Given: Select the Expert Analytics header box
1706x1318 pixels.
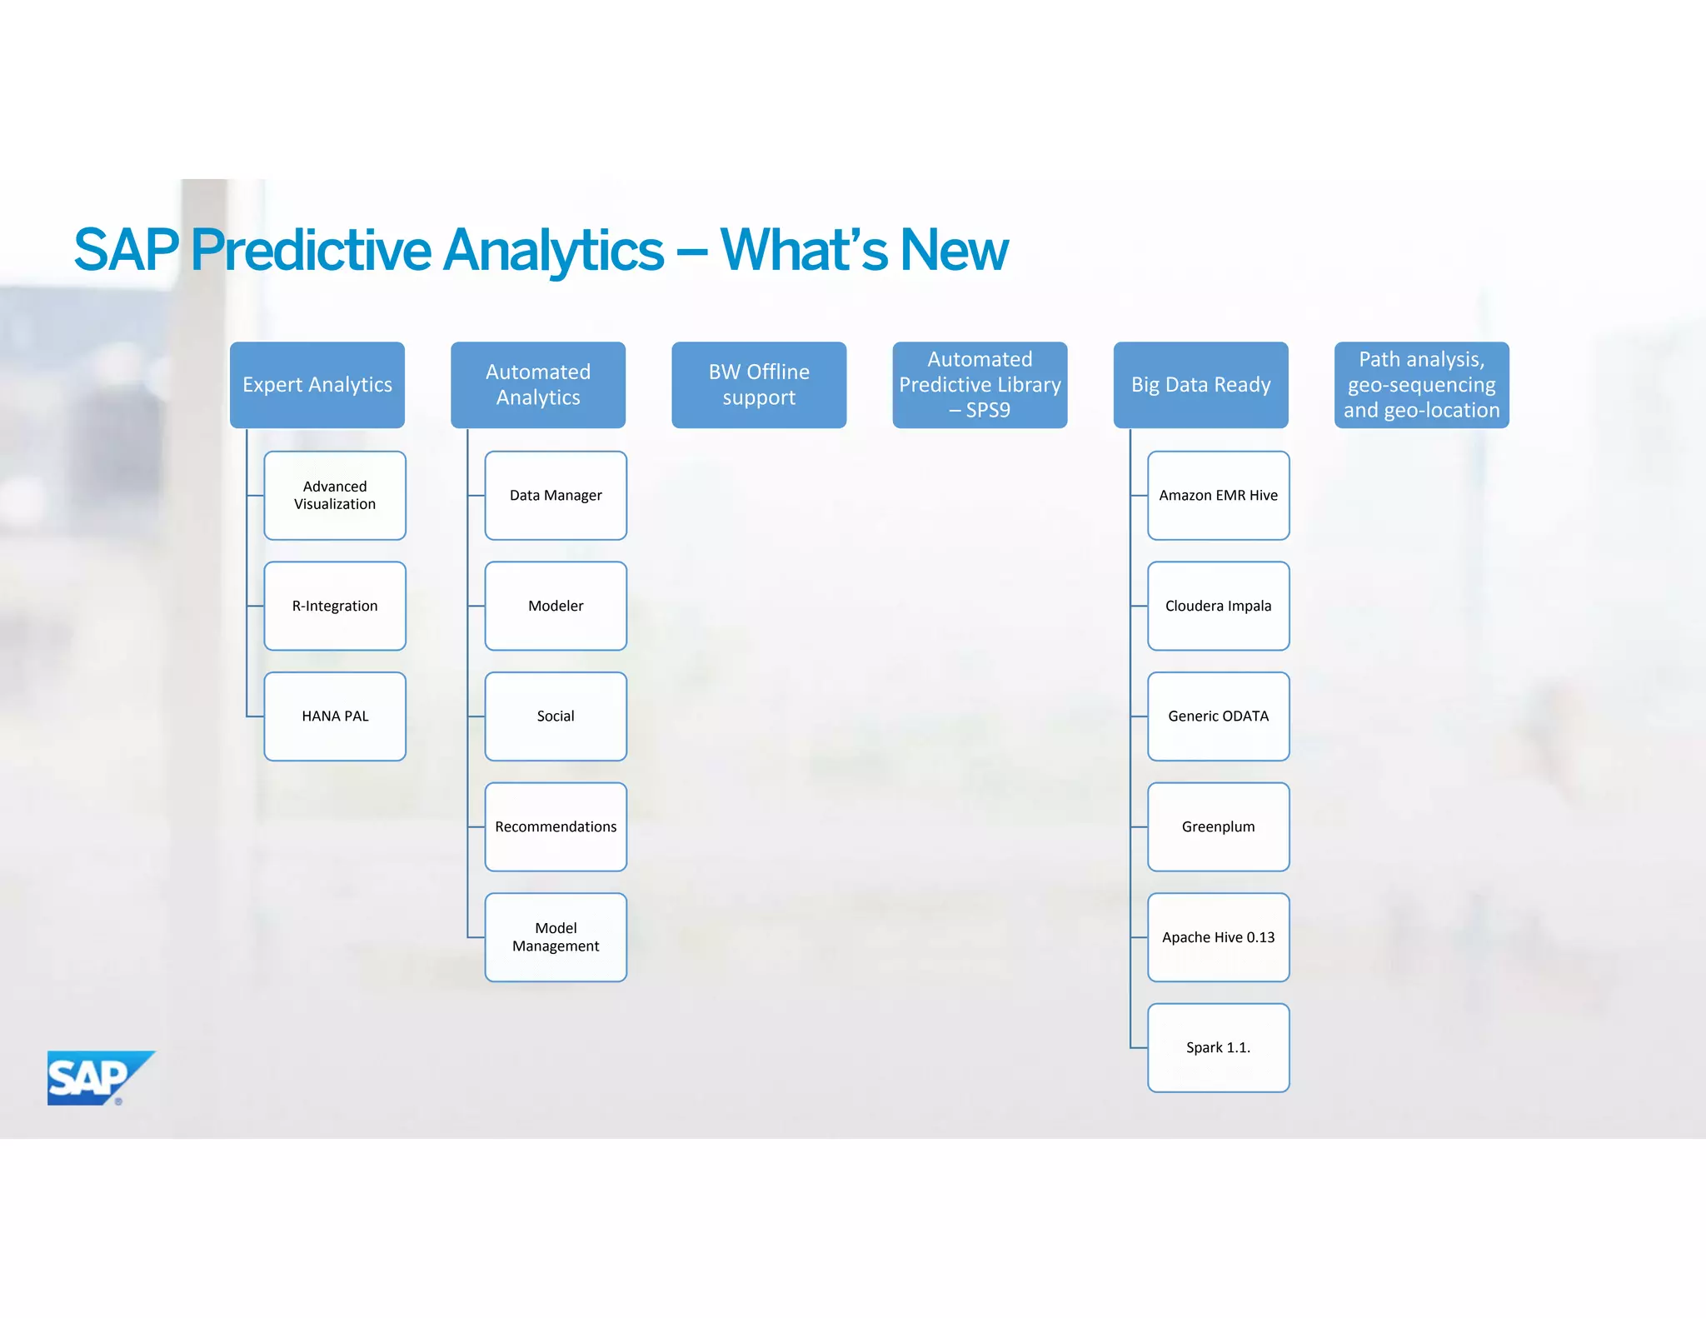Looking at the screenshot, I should point(317,385).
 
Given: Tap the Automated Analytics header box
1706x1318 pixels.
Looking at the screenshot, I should point(537,385).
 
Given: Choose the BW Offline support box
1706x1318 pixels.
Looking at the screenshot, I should point(758,385).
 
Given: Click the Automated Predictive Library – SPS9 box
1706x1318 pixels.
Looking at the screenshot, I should point(979,385).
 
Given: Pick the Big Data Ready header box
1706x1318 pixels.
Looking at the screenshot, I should point(1200,385).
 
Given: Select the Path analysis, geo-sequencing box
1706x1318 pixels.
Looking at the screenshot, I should point(1421,385).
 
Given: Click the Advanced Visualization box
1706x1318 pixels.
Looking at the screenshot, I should point(335,496).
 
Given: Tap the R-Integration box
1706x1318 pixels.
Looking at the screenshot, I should point(335,606).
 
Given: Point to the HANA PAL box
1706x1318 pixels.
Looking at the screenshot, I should point(335,716).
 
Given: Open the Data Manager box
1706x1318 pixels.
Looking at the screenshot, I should point(556,496).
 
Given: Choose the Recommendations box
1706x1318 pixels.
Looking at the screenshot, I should point(556,826).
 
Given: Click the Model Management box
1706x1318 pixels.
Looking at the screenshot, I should point(556,937).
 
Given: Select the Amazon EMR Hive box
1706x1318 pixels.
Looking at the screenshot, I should point(1218,496).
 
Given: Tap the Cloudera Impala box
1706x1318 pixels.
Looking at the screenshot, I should point(1218,606).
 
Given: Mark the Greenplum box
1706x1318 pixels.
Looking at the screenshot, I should point(1218,826).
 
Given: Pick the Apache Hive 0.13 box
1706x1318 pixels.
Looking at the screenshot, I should point(1218,937).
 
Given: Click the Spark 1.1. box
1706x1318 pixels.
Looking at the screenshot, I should point(1218,1047).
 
